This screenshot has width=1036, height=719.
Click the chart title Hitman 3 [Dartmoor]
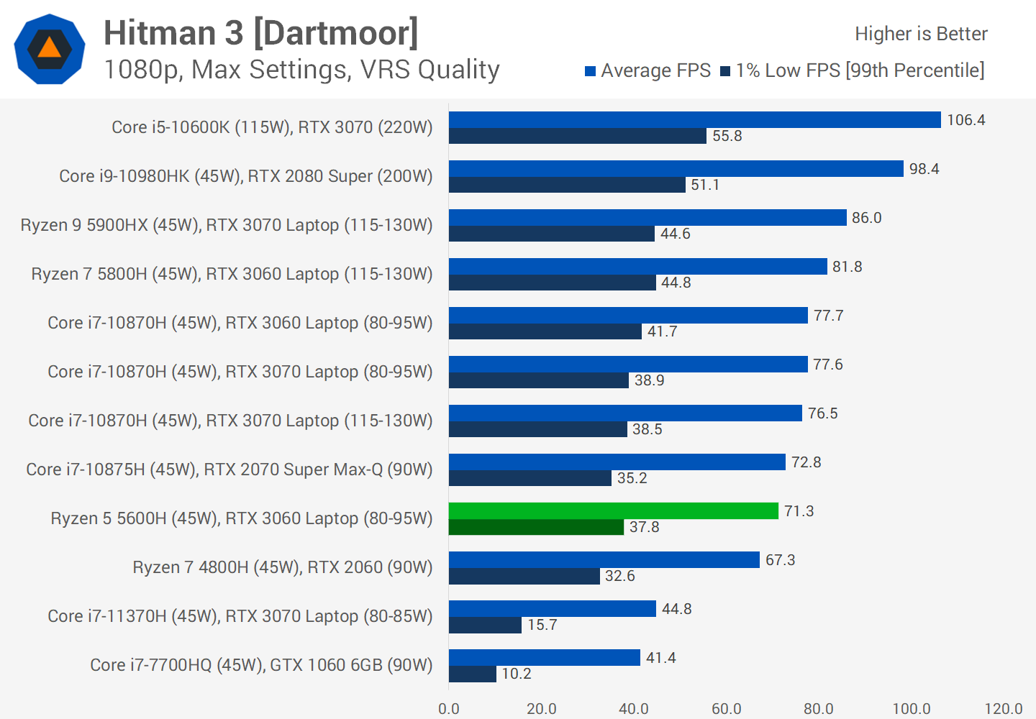coord(260,33)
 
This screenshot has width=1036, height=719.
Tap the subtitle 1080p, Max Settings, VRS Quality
coord(301,70)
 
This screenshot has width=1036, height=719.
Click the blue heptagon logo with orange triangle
coord(50,49)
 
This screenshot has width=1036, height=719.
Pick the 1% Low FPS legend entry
coord(852,70)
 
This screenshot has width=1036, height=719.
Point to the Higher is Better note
coord(921,34)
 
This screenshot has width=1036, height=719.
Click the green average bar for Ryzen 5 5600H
coord(613,511)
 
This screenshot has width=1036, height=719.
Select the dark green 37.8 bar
coord(536,527)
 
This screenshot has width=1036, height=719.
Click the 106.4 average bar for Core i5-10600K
coord(694,120)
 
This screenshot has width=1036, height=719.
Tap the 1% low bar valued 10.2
coord(472,674)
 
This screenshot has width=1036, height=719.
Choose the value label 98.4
coord(924,169)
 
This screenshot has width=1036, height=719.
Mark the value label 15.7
coord(542,625)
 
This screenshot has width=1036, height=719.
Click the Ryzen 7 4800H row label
coord(282,567)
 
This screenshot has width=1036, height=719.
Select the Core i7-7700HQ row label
coord(261,665)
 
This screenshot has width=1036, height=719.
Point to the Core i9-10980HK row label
coord(245,176)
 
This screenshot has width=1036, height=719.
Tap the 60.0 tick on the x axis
coord(726,709)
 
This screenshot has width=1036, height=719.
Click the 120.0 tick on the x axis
coord(1003,709)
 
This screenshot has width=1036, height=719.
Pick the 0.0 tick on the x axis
coord(449,709)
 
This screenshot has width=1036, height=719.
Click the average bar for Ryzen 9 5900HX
coord(647,218)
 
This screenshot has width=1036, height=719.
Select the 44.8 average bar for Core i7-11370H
coord(552,609)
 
